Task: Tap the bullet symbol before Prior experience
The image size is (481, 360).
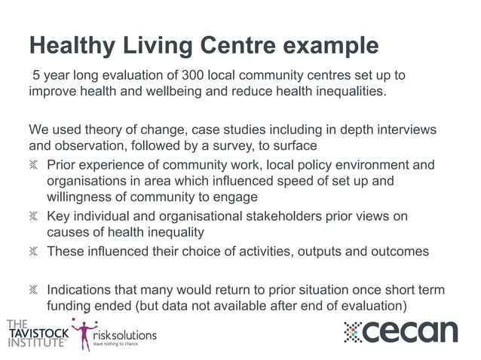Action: point(34,165)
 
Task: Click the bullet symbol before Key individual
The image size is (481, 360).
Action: point(34,217)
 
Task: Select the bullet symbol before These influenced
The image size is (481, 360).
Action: point(34,252)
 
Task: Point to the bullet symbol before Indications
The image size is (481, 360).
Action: point(34,290)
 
